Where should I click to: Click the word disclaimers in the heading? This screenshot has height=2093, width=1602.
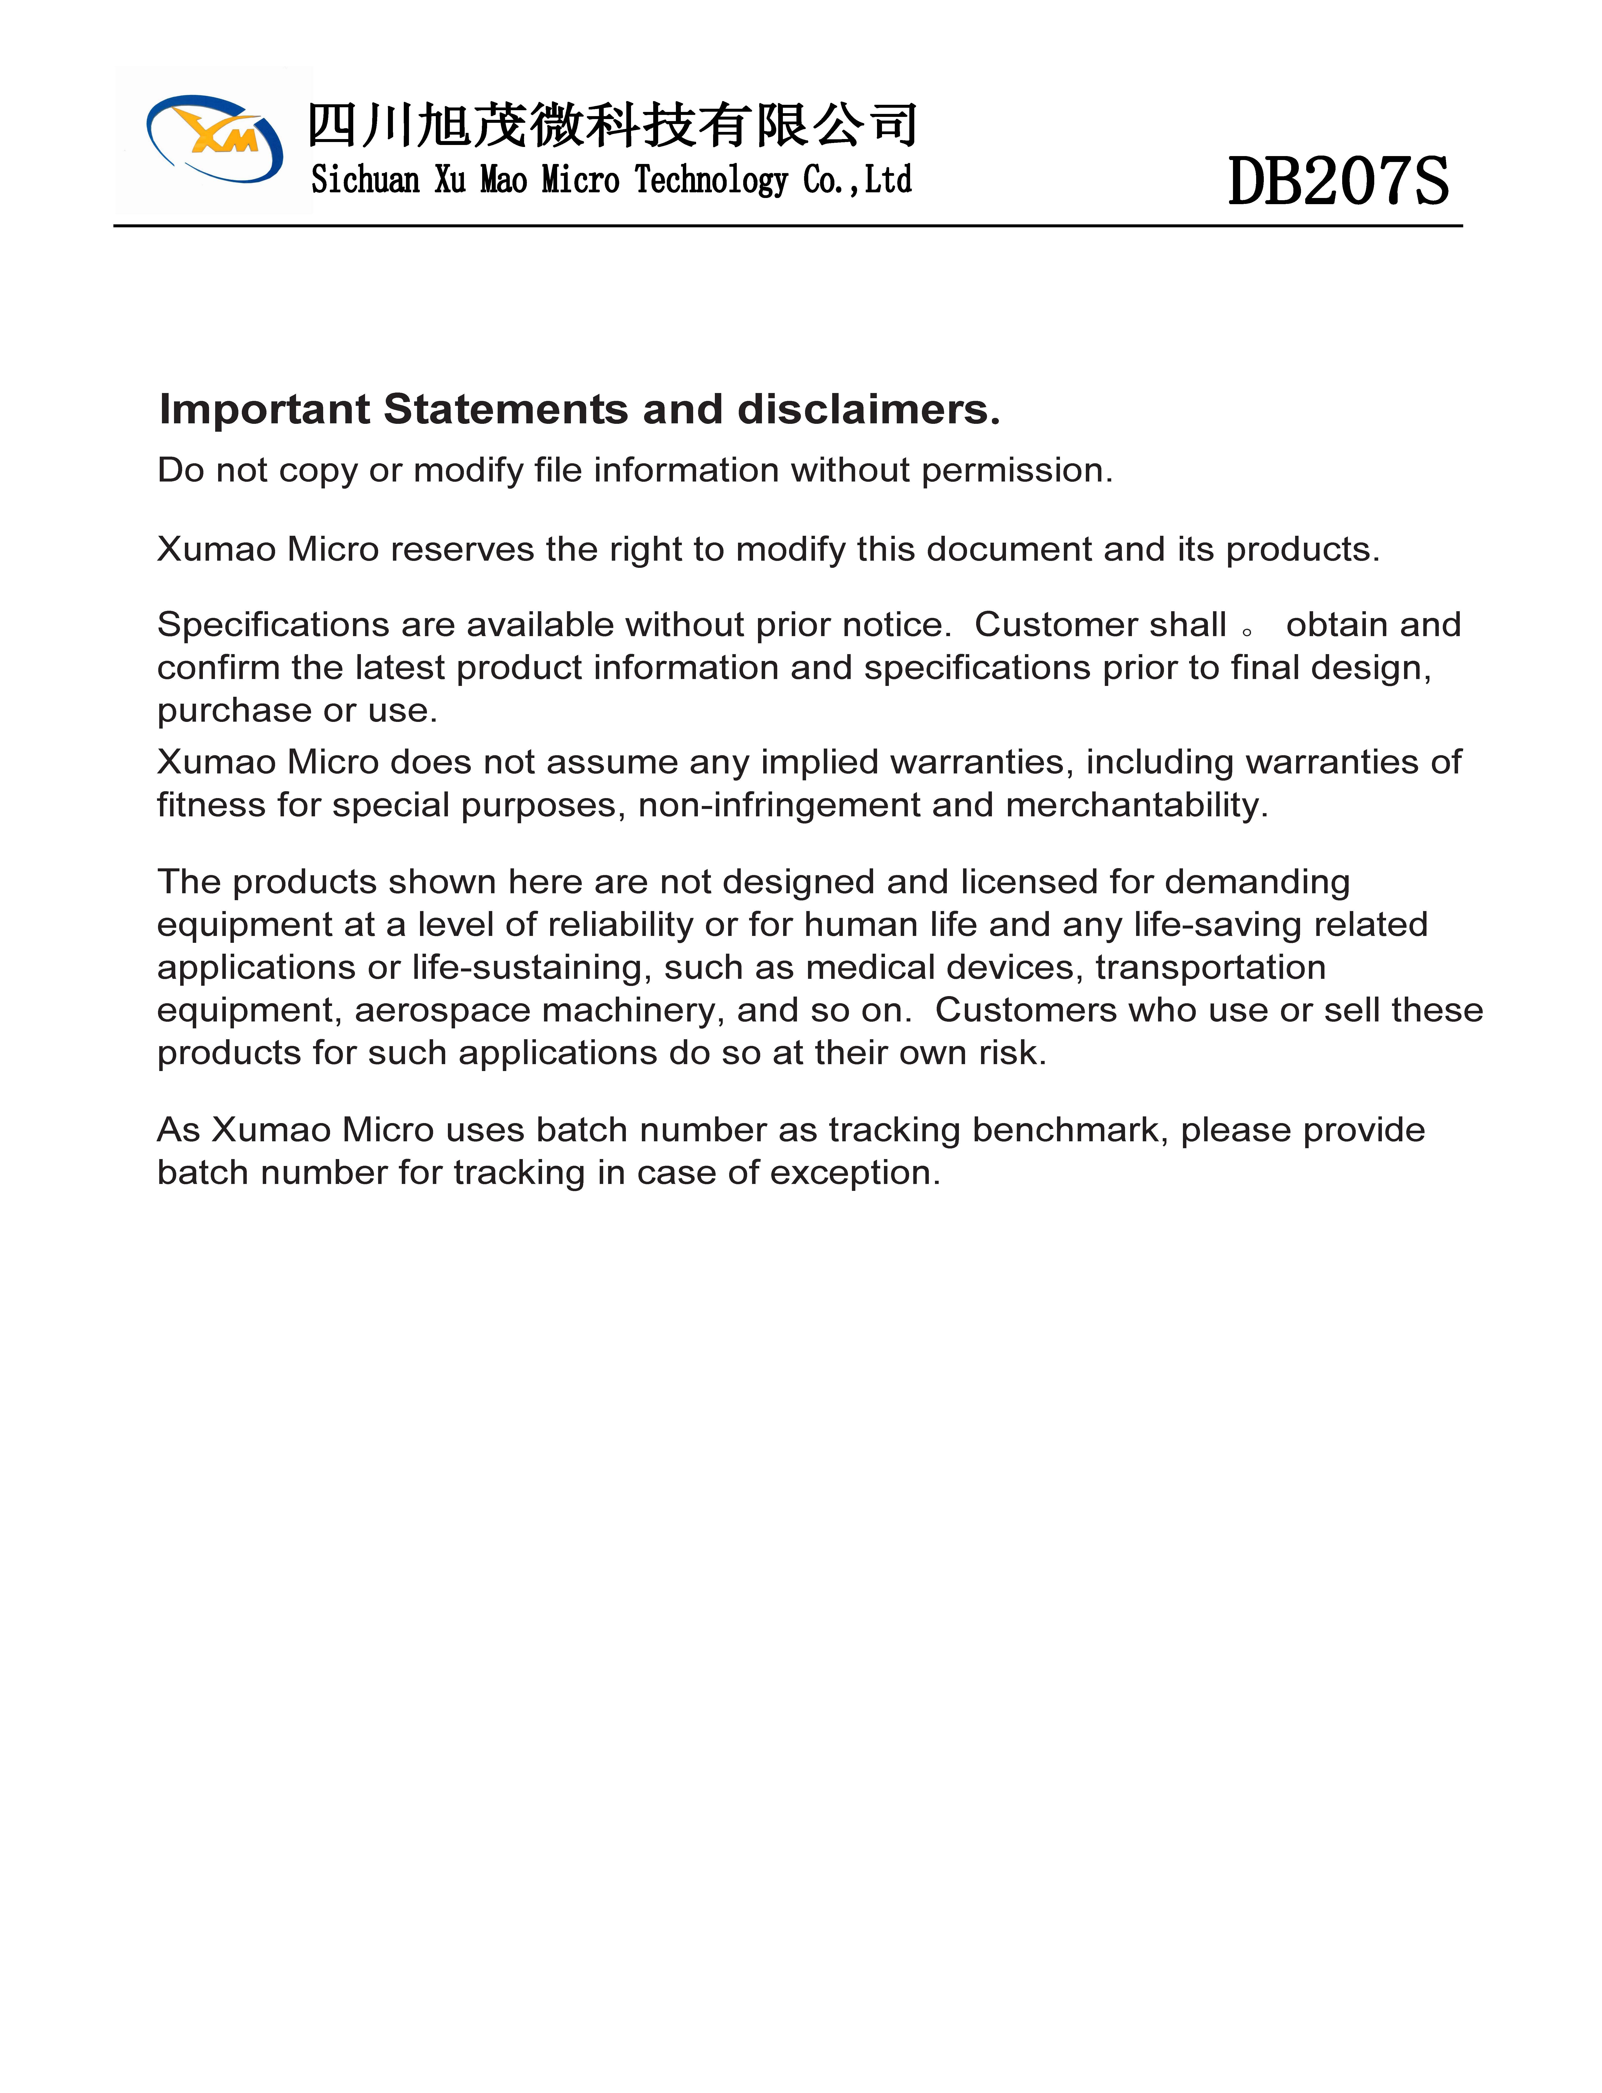pos(868,409)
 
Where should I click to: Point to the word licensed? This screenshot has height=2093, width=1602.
pos(1028,882)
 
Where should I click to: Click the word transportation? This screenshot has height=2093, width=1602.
pos(1210,968)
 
